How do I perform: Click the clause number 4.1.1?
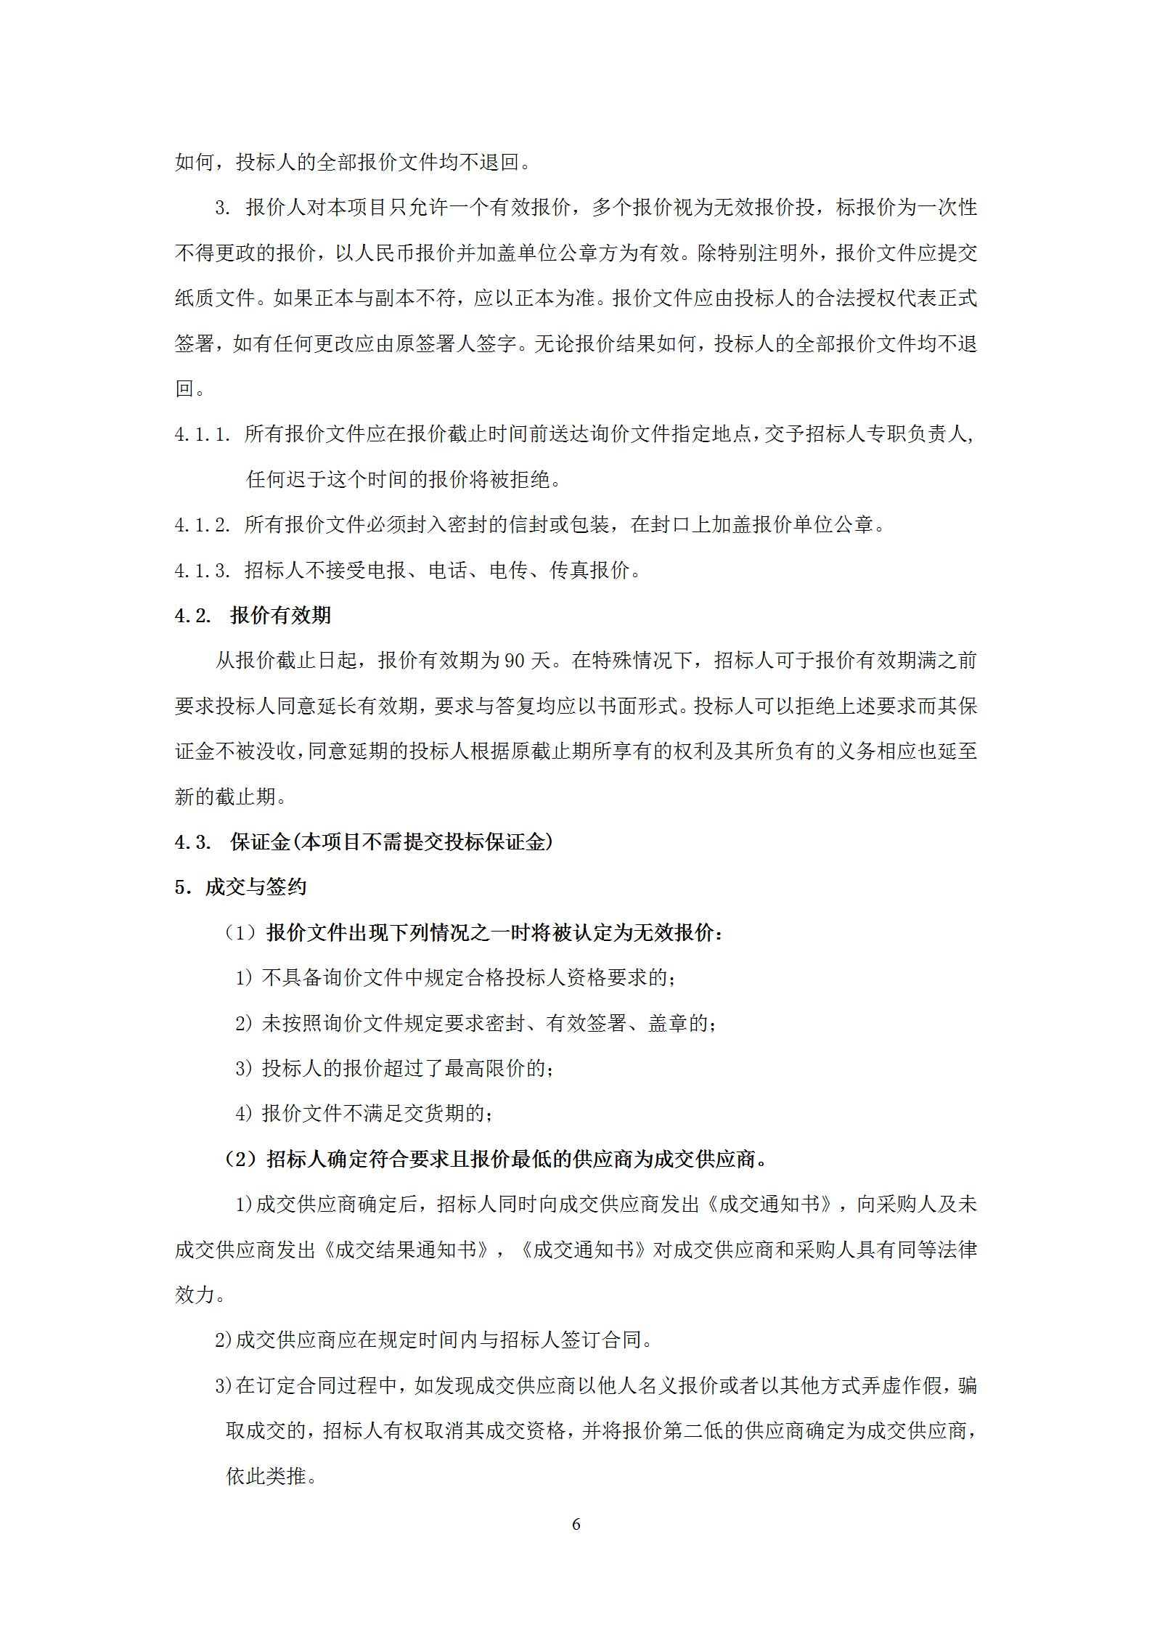[203, 435]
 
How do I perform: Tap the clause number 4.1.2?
[203, 525]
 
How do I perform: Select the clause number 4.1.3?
[203, 571]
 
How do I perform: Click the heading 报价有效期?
[280, 616]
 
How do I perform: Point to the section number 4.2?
[192, 616]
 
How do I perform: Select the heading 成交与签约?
[256, 887]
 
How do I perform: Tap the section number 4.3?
[192, 842]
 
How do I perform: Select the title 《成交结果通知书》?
[407, 1250]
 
